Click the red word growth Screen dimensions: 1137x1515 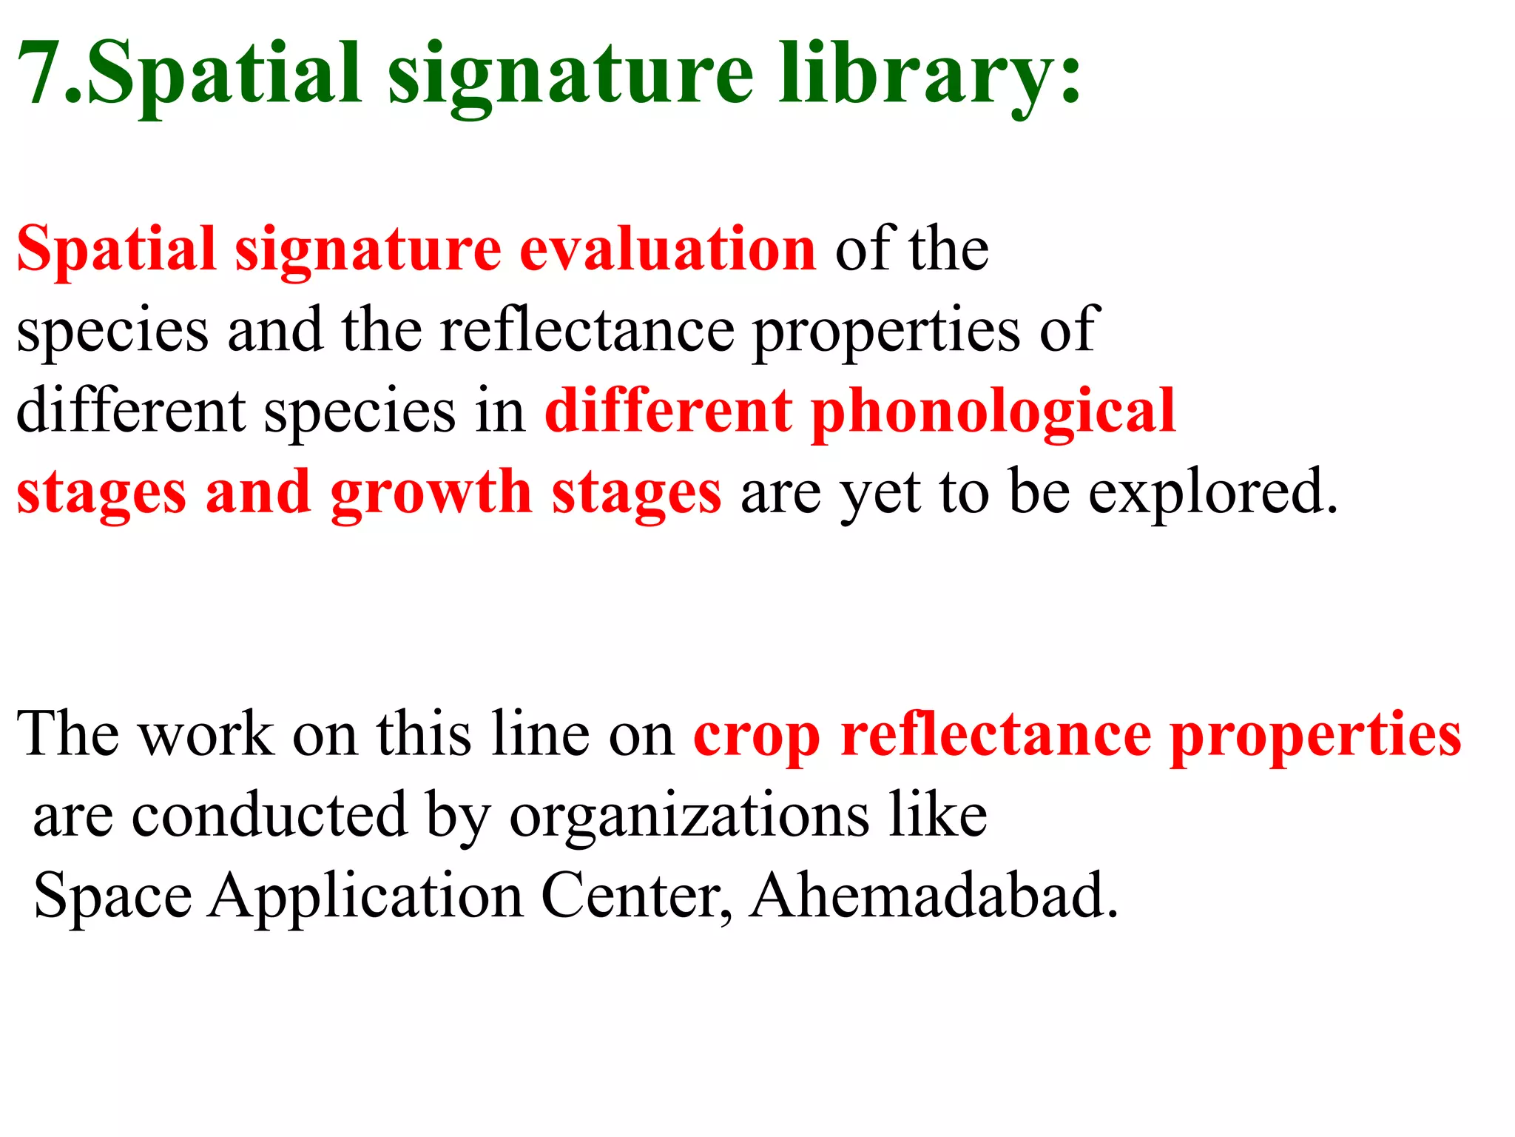(x=431, y=493)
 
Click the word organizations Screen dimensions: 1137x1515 (x=689, y=816)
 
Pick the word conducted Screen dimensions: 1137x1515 (x=269, y=816)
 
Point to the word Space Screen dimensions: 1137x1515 (x=112, y=897)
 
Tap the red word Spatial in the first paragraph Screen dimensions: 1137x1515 (x=115, y=250)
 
